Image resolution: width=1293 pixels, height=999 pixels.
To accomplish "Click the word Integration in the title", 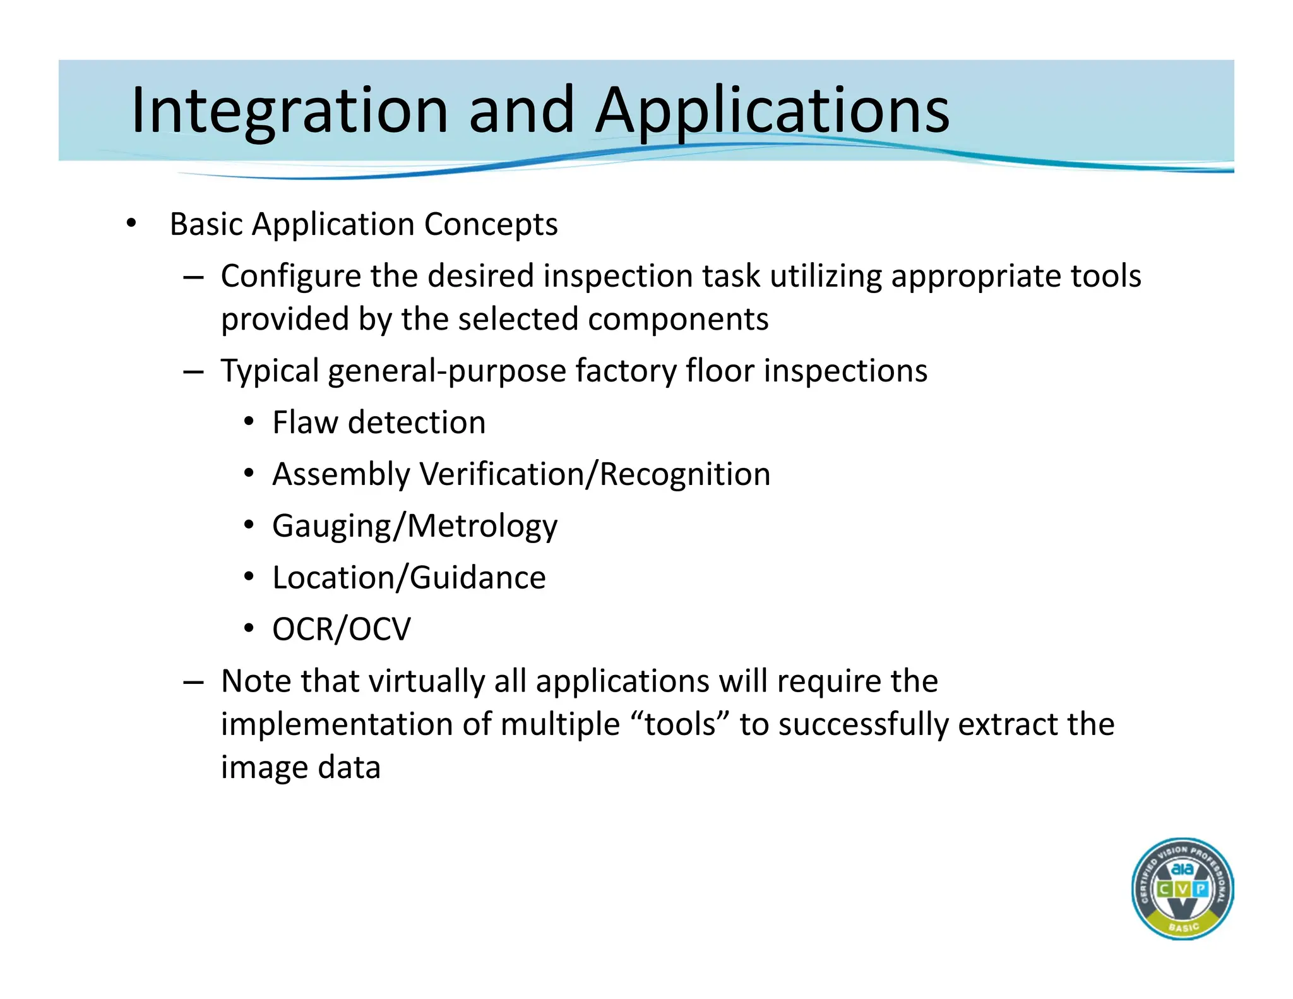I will click(289, 111).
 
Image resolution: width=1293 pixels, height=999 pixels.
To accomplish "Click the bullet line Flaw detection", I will click(379, 422).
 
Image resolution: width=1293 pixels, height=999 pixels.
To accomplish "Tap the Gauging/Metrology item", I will click(415, 526).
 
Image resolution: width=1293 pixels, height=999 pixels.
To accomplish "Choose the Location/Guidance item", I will click(408, 578).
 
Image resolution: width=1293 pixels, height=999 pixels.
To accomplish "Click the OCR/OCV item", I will click(341, 630).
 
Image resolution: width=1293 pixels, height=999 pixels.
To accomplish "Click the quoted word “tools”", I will click(680, 724).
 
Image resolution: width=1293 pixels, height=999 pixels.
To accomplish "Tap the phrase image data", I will click(301, 768).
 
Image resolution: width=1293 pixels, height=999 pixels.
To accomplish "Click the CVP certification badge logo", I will click(1182, 889).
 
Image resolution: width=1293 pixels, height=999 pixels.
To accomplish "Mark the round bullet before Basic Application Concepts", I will click(131, 224).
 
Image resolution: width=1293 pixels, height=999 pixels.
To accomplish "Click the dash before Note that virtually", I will click(193, 682).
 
